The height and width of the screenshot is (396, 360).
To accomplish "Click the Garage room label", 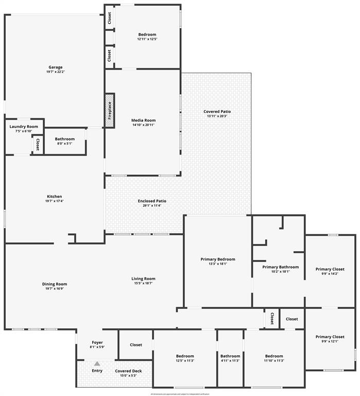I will click(x=56, y=67).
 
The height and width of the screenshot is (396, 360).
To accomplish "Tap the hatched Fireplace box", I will click(x=110, y=110).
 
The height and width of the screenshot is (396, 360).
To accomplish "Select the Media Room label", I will click(x=143, y=120).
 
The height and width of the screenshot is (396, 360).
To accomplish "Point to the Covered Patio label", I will click(x=217, y=111).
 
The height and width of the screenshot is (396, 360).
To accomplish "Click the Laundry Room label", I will click(x=24, y=126).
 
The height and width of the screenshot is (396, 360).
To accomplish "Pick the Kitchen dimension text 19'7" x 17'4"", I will click(x=55, y=201).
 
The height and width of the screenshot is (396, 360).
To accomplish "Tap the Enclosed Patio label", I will click(x=152, y=201).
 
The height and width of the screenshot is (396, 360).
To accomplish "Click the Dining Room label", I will click(x=55, y=284).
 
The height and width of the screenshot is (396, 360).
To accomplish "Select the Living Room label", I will click(x=143, y=278).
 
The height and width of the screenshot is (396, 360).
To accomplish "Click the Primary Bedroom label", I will click(x=218, y=259).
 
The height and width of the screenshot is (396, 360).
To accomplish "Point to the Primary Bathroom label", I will click(x=280, y=267).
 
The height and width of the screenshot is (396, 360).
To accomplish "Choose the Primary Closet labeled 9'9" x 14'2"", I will click(x=330, y=269).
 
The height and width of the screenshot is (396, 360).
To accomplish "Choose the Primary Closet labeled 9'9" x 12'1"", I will click(x=330, y=337).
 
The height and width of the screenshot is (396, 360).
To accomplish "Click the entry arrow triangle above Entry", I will click(x=97, y=364).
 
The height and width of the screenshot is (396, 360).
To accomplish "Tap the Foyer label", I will click(x=97, y=342).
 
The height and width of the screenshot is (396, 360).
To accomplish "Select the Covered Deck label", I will click(x=128, y=371).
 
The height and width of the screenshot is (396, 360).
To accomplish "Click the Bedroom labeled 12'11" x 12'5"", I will click(x=147, y=35).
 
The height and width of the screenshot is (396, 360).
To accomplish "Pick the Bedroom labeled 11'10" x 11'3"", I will click(x=274, y=356).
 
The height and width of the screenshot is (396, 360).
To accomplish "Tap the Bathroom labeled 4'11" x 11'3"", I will click(x=230, y=356).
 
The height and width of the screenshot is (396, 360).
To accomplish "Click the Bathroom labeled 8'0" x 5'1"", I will click(x=65, y=139).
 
